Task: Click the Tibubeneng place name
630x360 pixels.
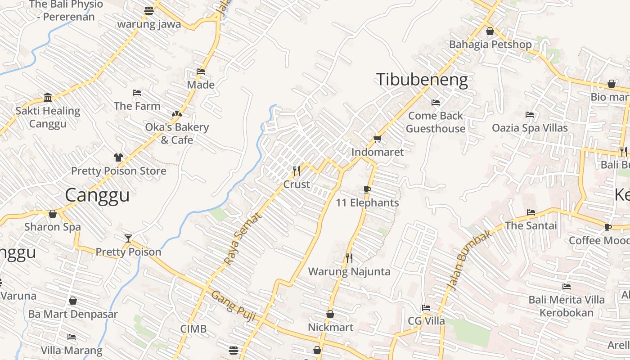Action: tap(422, 80)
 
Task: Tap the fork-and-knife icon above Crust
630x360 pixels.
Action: tap(297, 171)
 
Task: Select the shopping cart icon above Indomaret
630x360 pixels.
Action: tap(377, 139)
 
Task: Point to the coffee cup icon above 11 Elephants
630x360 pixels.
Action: tap(367, 189)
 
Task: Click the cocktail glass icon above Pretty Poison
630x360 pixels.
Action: tap(128, 238)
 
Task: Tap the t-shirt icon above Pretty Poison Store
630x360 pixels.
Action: tap(118, 157)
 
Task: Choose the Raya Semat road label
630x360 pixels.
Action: tap(242, 239)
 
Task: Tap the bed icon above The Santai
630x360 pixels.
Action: tap(531, 212)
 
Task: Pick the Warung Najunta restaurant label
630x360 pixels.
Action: tap(349, 272)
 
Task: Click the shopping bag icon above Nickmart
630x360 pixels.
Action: tap(330, 314)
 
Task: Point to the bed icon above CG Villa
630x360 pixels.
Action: tap(426, 308)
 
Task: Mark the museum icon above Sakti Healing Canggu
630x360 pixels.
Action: tap(48, 97)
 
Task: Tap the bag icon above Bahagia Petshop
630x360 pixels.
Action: tap(490, 31)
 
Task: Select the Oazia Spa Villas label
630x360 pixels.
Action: tap(530, 128)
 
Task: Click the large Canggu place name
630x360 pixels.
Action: tap(97, 195)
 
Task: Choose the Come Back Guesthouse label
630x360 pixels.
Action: tap(436, 122)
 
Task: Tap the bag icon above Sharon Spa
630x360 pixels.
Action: tap(53, 214)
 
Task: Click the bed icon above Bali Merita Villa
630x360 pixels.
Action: tap(566, 286)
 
